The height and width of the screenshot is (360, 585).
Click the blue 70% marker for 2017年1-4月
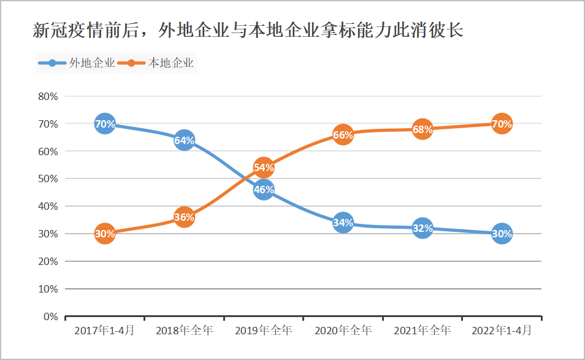[105, 124]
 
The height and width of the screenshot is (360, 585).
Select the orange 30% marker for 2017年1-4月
[105, 234]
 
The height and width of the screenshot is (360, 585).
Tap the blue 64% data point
[184, 140]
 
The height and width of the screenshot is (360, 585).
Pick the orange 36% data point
[184, 217]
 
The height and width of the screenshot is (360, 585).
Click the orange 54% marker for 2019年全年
[263, 167]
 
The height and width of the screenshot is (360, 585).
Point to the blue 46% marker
[263, 190]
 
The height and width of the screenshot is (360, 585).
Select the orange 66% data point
[343, 135]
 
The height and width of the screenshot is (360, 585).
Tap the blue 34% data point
[343, 223]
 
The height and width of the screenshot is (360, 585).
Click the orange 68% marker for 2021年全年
[422, 129]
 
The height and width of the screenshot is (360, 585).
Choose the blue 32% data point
[422, 228]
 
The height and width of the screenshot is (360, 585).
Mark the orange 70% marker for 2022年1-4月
[502, 124]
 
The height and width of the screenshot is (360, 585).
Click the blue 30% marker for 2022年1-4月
[502, 234]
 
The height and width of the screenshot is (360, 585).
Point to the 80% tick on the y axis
[48, 96]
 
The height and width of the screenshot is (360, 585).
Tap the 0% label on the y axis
[50, 316]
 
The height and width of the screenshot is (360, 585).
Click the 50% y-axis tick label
[48, 179]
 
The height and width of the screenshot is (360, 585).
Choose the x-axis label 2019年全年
[263, 331]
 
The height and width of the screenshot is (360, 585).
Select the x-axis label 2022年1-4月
[502, 331]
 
